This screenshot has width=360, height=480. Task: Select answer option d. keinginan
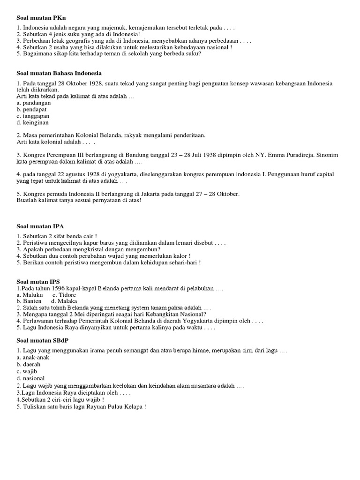point(32,122)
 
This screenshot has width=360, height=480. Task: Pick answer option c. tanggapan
point(32,116)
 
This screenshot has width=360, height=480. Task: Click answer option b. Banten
point(29,301)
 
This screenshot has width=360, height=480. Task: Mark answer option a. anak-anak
point(32,357)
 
